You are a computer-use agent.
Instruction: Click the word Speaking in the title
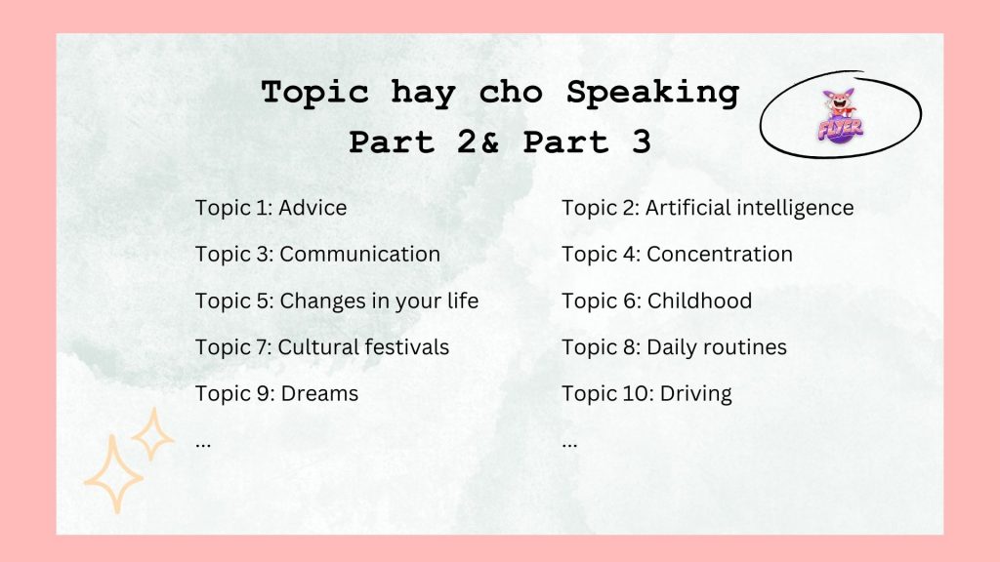click(652, 93)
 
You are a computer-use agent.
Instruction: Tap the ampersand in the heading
click(489, 142)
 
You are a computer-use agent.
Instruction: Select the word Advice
click(312, 208)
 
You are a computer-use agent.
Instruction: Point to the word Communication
click(359, 255)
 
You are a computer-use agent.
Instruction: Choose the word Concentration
click(720, 255)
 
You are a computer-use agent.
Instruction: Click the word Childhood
click(699, 301)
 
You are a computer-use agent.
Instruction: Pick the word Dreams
click(319, 394)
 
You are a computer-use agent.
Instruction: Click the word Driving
click(695, 394)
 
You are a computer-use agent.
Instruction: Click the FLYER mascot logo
click(840, 115)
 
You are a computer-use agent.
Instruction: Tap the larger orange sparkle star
click(113, 475)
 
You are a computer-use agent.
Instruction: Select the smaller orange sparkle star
click(152, 434)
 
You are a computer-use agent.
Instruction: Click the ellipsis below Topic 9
click(203, 445)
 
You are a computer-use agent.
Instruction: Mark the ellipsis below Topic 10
click(569, 445)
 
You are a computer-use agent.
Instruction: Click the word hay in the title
click(424, 94)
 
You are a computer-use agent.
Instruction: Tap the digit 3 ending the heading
click(641, 141)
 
